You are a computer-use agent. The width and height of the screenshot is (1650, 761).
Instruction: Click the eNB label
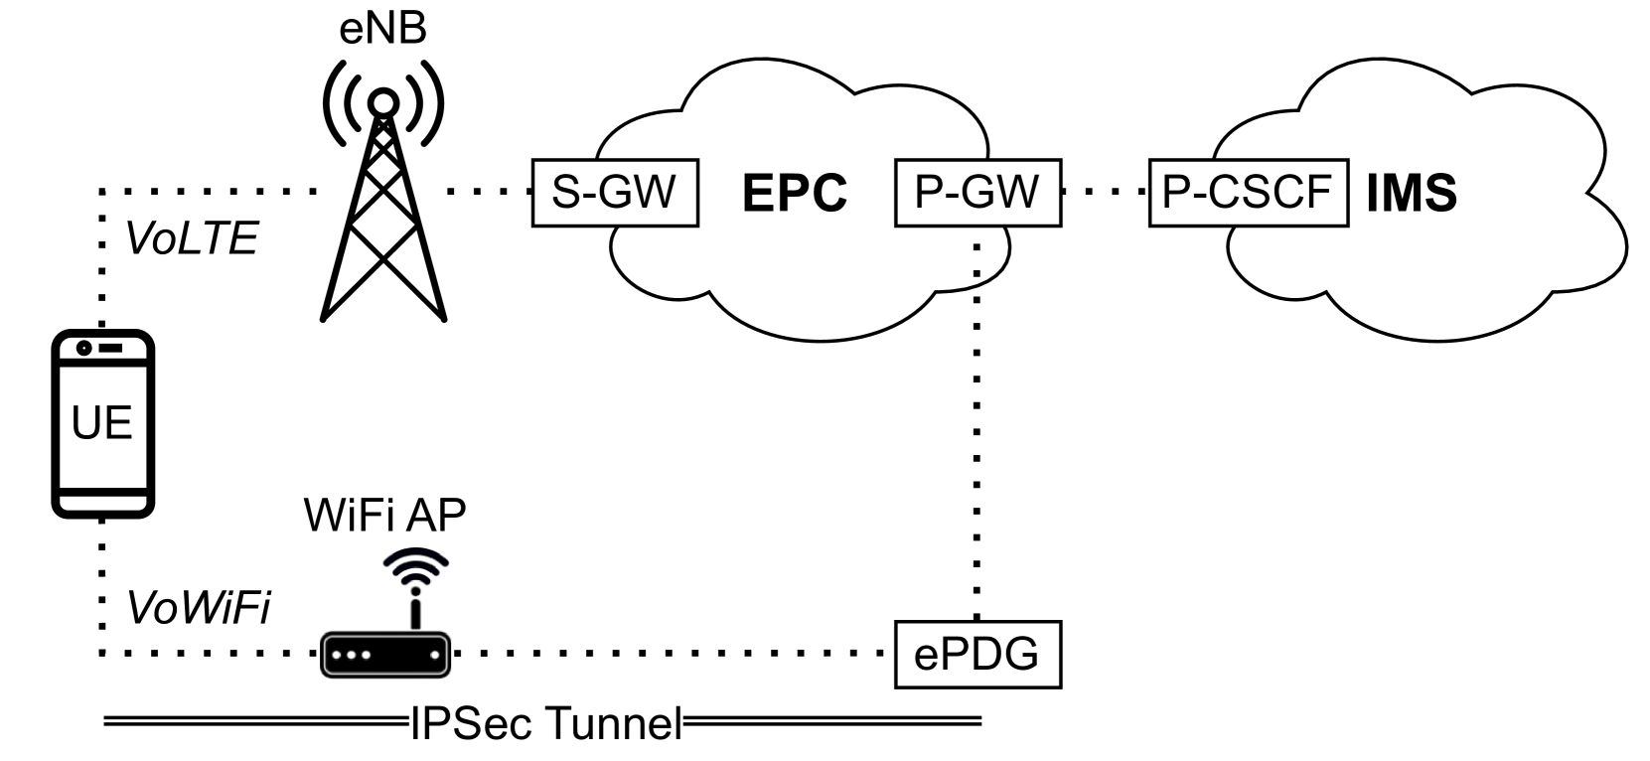382,28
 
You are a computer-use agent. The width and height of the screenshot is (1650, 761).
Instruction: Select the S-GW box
616,191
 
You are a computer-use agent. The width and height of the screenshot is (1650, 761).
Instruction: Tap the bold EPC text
795,193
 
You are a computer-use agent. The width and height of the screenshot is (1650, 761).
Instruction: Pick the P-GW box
976,192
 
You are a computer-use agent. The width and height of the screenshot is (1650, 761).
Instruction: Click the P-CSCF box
1249,191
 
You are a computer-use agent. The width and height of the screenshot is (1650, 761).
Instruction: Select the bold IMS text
1412,193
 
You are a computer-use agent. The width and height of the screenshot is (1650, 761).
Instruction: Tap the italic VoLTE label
190,238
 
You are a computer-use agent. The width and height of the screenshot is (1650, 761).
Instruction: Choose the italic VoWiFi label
196,608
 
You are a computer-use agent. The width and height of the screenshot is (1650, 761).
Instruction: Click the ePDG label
977,655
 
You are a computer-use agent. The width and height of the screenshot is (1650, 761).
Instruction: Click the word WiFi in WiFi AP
344,516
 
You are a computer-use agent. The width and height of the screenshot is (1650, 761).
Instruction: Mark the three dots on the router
352,656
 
